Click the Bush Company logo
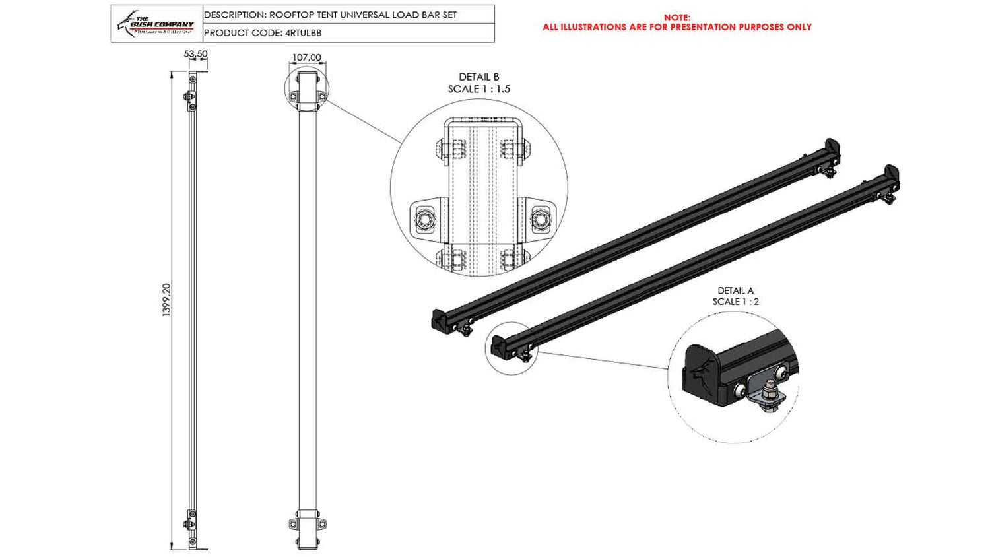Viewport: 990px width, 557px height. click(x=156, y=24)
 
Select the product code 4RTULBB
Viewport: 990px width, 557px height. click(x=303, y=33)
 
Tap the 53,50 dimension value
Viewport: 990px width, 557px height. click(x=195, y=54)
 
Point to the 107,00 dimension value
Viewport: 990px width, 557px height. click(x=306, y=57)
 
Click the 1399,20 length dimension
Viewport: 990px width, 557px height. click(x=166, y=300)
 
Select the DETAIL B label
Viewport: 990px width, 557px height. click(x=478, y=77)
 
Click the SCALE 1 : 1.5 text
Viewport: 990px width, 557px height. click(x=478, y=89)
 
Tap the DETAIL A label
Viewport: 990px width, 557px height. click(x=735, y=290)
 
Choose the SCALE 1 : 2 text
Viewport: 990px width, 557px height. click(x=735, y=302)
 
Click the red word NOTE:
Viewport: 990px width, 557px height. click(x=677, y=18)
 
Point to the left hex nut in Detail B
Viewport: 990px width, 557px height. click(x=422, y=218)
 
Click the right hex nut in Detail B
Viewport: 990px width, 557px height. click(x=540, y=218)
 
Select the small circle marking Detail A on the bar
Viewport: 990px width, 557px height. click(x=511, y=348)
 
